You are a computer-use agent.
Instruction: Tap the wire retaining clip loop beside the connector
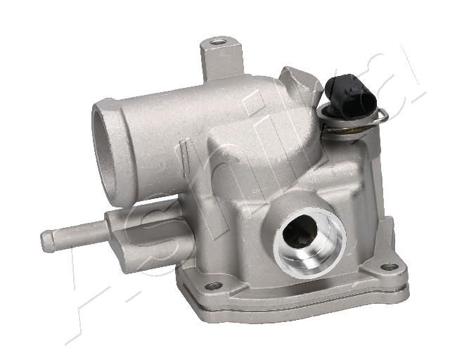pyautogui.click(x=382, y=115)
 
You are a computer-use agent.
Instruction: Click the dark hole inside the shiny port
pyautogui.click(x=298, y=233)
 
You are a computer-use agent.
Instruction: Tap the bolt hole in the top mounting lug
pyautogui.click(x=217, y=43)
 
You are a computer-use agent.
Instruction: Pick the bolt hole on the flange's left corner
pyautogui.click(x=213, y=285)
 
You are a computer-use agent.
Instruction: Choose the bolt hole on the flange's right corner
pyautogui.click(x=389, y=267)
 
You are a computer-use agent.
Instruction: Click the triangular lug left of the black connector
pyautogui.click(x=302, y=82)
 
